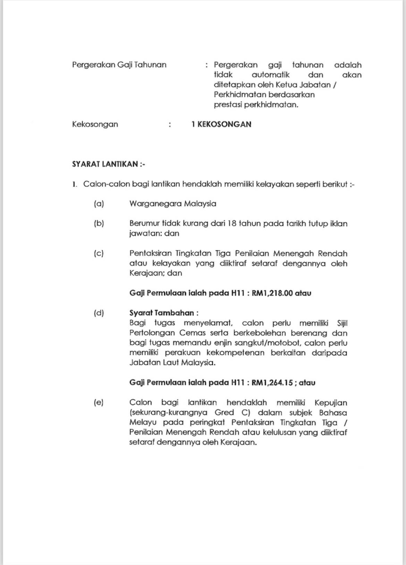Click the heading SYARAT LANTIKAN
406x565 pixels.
coord(108,164)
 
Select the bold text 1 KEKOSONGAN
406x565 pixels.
coord(221,124)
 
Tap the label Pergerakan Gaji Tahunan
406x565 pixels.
coord(119,65)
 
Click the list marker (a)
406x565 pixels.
coord(99,204)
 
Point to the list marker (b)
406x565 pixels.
coord(99,223)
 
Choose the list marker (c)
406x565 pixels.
coord(99,253)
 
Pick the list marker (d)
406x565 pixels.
coord(99,313)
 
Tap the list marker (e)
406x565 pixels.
coord(99,402)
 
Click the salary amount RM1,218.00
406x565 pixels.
coord(272,293)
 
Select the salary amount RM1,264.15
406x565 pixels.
coord(272,383)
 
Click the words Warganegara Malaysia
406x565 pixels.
coord(172,204)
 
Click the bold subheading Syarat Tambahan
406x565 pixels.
coord(163,313)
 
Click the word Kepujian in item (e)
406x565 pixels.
coord(330,403)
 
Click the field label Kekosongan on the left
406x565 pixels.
coord(95,124)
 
